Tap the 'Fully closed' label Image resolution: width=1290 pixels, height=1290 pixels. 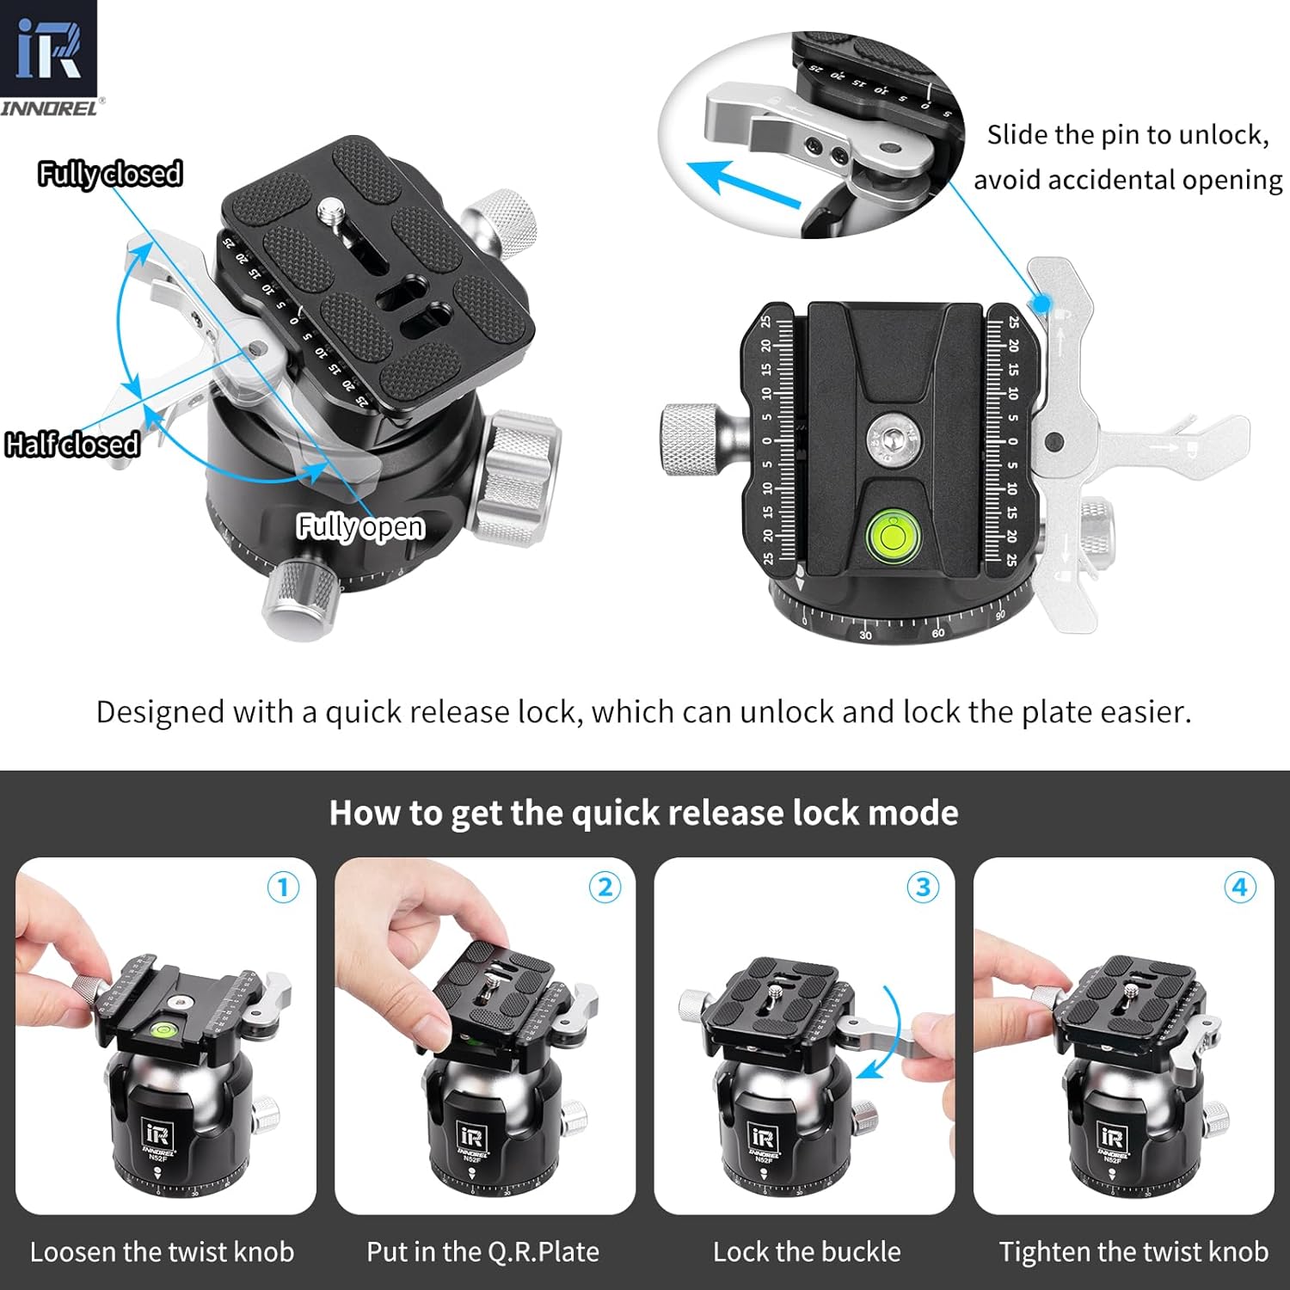click(x=110, y=174)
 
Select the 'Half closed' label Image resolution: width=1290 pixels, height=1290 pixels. click(x=72, y=444)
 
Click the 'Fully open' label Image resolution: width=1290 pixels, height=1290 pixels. click(x=360, y=525)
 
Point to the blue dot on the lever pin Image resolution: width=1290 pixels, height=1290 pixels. click(x=1042, y=304)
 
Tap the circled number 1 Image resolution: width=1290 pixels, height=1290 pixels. click(x=283, y=887)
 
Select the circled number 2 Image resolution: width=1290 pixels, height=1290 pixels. click(x=605, y=887)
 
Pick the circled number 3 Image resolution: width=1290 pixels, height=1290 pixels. click(x=923, y=887)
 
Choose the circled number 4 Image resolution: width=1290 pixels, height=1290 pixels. click(x=1239, y=887)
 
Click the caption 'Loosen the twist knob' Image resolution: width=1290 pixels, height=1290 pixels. click(x=162, y=1251)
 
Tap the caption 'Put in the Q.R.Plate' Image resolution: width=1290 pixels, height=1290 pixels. click(x=482, y=1251)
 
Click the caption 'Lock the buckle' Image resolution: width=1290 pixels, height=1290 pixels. click(x=807, y=1251)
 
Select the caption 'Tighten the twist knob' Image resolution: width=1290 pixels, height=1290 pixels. click(x=1133, y=1251)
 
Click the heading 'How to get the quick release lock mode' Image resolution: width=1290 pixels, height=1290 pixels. click(x=643, y=813)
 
